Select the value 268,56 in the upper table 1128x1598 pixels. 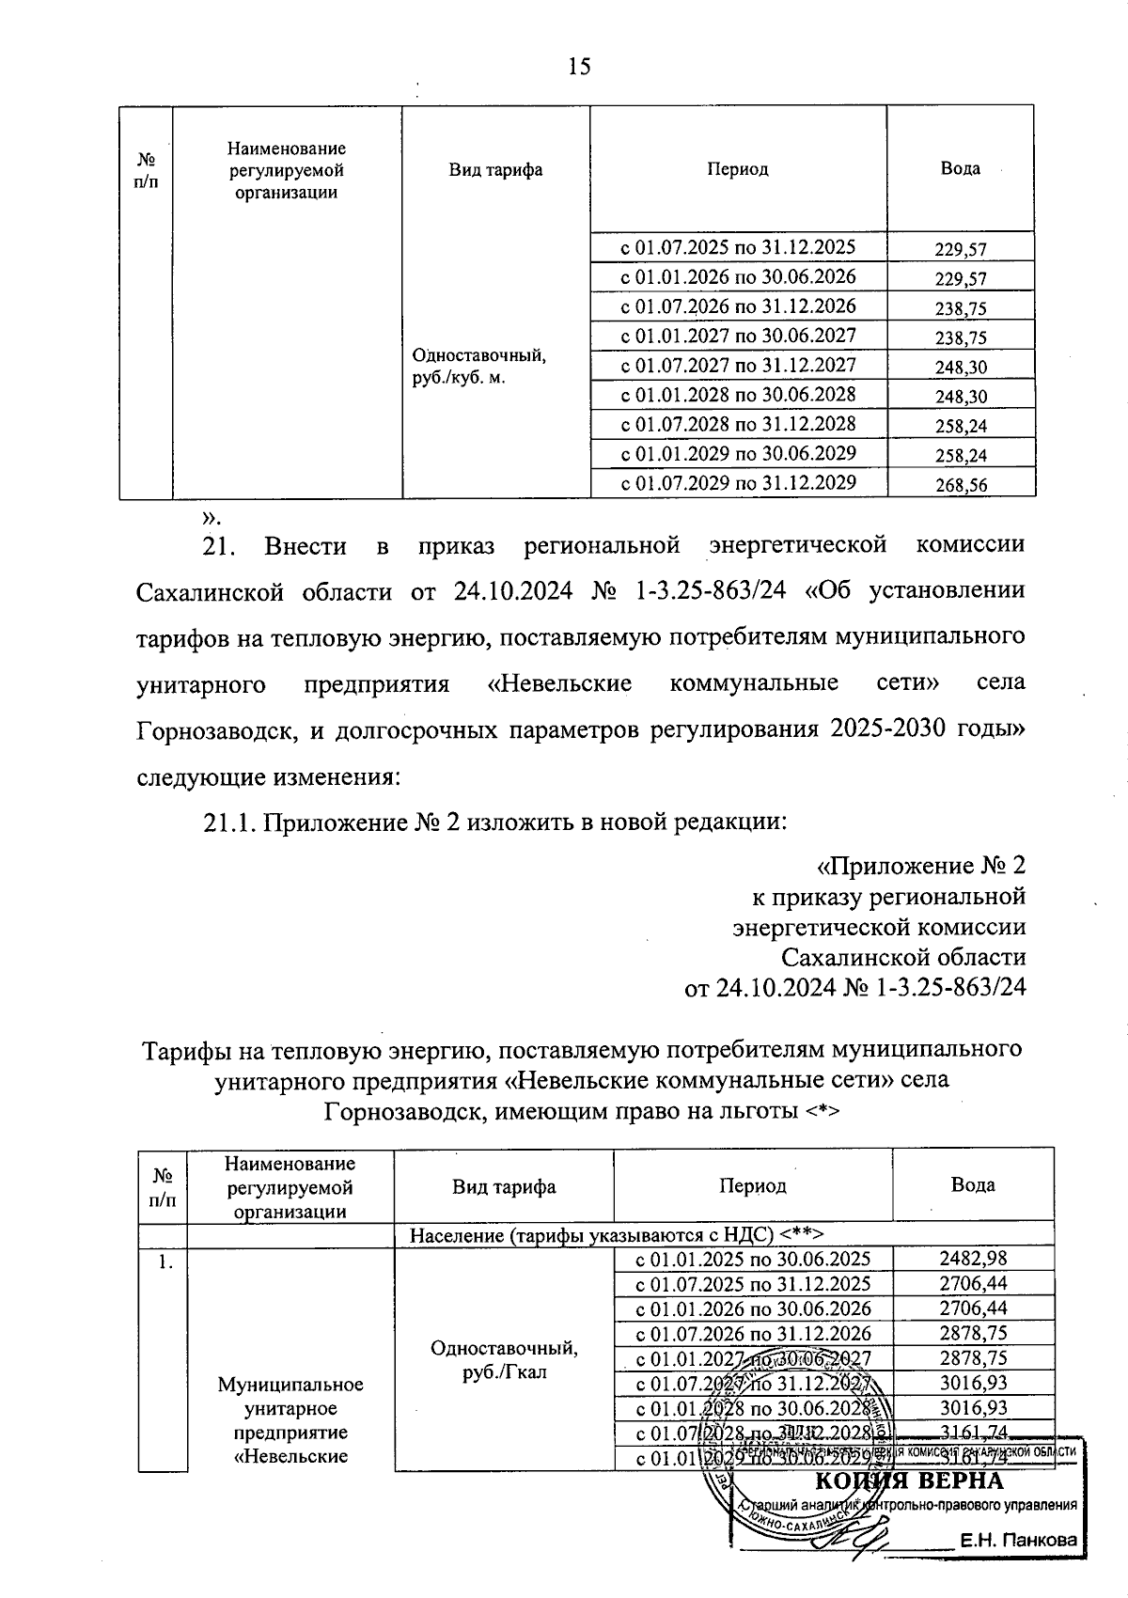961,485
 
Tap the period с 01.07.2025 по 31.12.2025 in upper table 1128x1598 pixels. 737,247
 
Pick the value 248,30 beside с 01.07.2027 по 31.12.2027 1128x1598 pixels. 961,368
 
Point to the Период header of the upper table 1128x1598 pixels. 737,169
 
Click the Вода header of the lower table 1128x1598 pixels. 972,1184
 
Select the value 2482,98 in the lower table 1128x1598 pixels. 972,1259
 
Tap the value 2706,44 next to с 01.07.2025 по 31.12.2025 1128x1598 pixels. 972,1284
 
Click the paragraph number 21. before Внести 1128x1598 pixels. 223,546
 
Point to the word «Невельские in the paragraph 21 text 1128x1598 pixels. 560,682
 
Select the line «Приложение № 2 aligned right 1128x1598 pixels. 921,865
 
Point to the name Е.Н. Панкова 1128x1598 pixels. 1016,1541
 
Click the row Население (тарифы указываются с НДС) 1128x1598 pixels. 617,1234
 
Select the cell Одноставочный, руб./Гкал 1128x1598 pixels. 504,1360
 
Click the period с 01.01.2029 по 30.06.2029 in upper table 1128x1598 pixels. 737,453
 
